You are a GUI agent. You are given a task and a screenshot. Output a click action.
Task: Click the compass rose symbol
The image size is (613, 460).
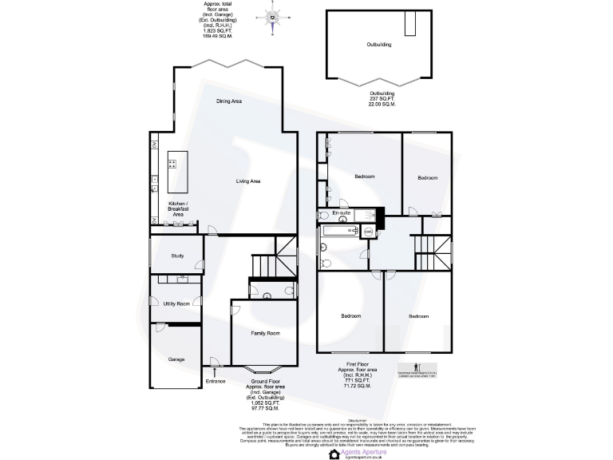click(x=274, y=16)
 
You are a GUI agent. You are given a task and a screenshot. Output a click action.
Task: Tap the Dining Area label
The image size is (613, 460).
click(x=229, y=101)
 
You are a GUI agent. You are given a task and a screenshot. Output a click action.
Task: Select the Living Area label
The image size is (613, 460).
click(x=248, y=181)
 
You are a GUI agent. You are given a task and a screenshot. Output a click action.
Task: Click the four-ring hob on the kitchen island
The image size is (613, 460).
click(x=172, y=165)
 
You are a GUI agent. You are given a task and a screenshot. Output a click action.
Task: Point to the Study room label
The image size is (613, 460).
click(x=178, y=256)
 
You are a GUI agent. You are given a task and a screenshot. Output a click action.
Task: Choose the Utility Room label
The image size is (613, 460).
click(x=176, y=304)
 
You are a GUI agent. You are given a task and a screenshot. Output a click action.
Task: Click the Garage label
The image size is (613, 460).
click(x=176, y=359)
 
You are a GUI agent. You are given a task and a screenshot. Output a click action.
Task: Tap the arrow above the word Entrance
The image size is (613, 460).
click(x=216, y=370)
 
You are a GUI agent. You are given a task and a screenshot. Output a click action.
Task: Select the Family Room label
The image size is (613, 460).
click(x=265, y=332)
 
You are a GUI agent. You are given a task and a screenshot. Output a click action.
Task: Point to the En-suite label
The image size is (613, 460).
click(x=342, y=214)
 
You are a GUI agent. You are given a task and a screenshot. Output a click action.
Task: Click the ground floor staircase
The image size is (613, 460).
click(x=268, y=264)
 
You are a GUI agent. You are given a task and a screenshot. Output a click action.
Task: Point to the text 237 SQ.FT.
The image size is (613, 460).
click(x=382, y=99)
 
